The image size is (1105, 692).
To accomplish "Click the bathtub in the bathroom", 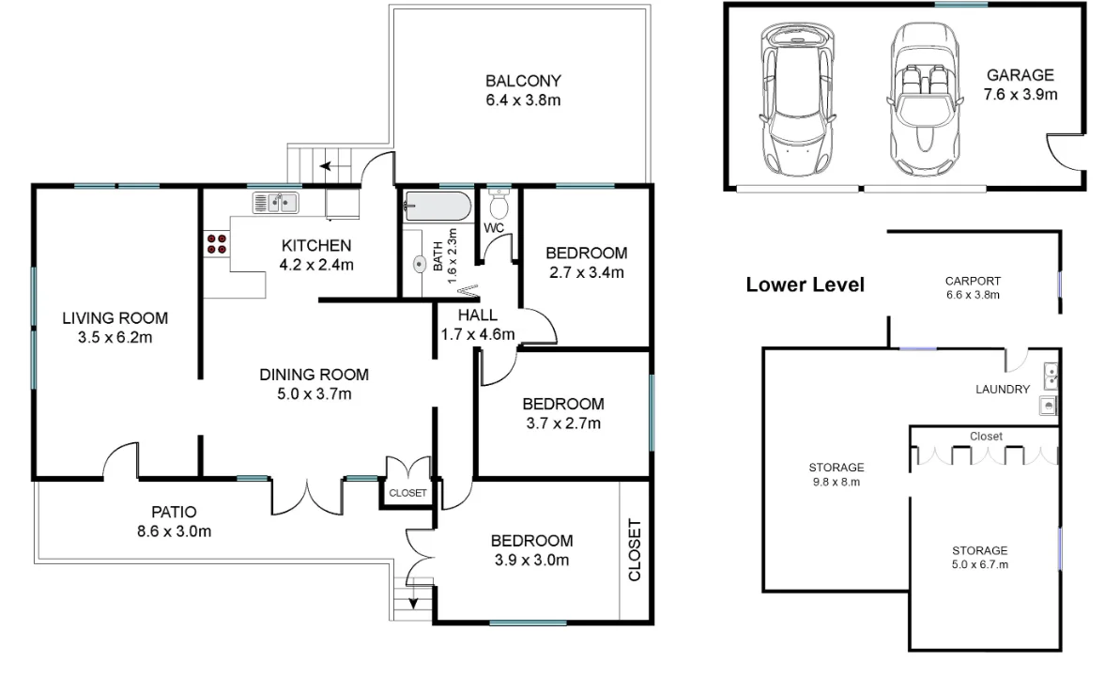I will point(437,207).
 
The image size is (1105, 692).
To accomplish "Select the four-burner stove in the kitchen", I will point(216,244).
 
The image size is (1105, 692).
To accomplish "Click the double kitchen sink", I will point(275,202).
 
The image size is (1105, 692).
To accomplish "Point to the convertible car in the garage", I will point(921,99).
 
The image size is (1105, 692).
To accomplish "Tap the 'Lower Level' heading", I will point(805,284).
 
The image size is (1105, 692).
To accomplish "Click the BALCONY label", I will point(523,81).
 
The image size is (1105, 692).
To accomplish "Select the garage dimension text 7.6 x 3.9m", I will point(1020,94).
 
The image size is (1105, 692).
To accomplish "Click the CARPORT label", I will point(973,281).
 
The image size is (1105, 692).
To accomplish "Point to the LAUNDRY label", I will point(1002,389).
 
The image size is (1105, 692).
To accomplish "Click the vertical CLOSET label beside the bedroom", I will point(634,550).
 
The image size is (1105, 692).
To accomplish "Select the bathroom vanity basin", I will point(419,265).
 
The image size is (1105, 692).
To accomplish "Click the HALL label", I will point(478,315).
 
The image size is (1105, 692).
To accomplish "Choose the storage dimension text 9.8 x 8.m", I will point(836,482).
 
